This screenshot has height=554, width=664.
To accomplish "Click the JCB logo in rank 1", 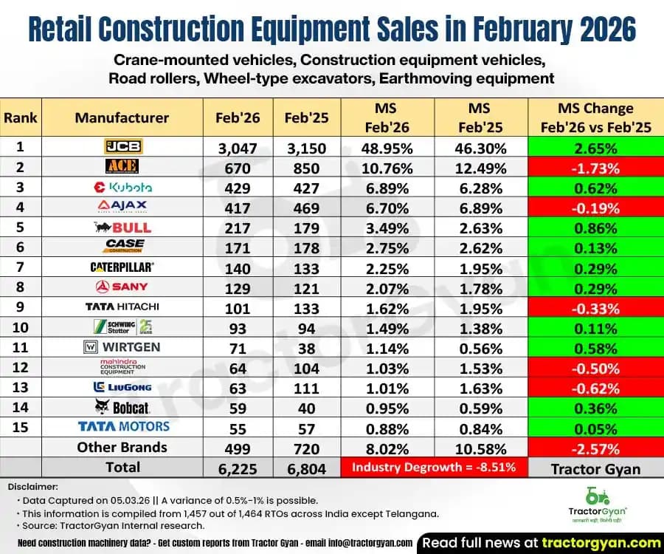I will (x=122, y=147).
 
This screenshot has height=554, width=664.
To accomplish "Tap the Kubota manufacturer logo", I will (x=122, y=188).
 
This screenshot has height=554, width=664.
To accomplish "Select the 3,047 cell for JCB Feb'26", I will (x=237, y=148).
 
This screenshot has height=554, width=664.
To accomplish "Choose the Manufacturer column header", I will (x=122, y=117).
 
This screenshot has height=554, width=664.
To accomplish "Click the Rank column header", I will (x=21, y=117).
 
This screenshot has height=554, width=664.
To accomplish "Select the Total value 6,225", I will (x=237, y=468).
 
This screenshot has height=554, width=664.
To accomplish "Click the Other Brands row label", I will (x=122, y=447).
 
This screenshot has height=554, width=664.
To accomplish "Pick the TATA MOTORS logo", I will (x=122, y=426).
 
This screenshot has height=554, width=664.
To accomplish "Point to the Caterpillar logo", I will (x=122, y=267).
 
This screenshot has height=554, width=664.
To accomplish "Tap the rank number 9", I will (x=21, y=307).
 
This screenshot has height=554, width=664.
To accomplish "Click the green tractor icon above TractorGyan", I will (x=597, y=495).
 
